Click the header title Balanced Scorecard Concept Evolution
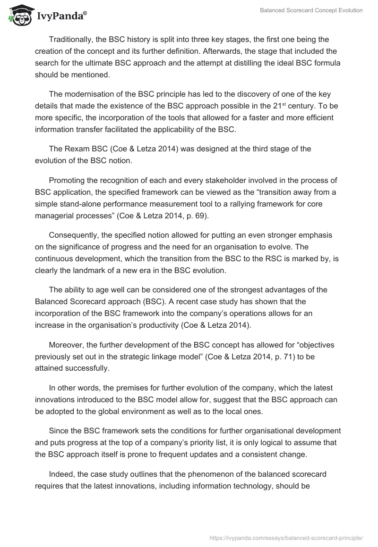coord(311,10)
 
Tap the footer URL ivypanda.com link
coord(286,537)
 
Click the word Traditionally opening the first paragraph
coord(71,39)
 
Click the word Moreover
coord(66,345)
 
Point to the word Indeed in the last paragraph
coord(61,474)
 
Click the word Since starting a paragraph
coord(59,431)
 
